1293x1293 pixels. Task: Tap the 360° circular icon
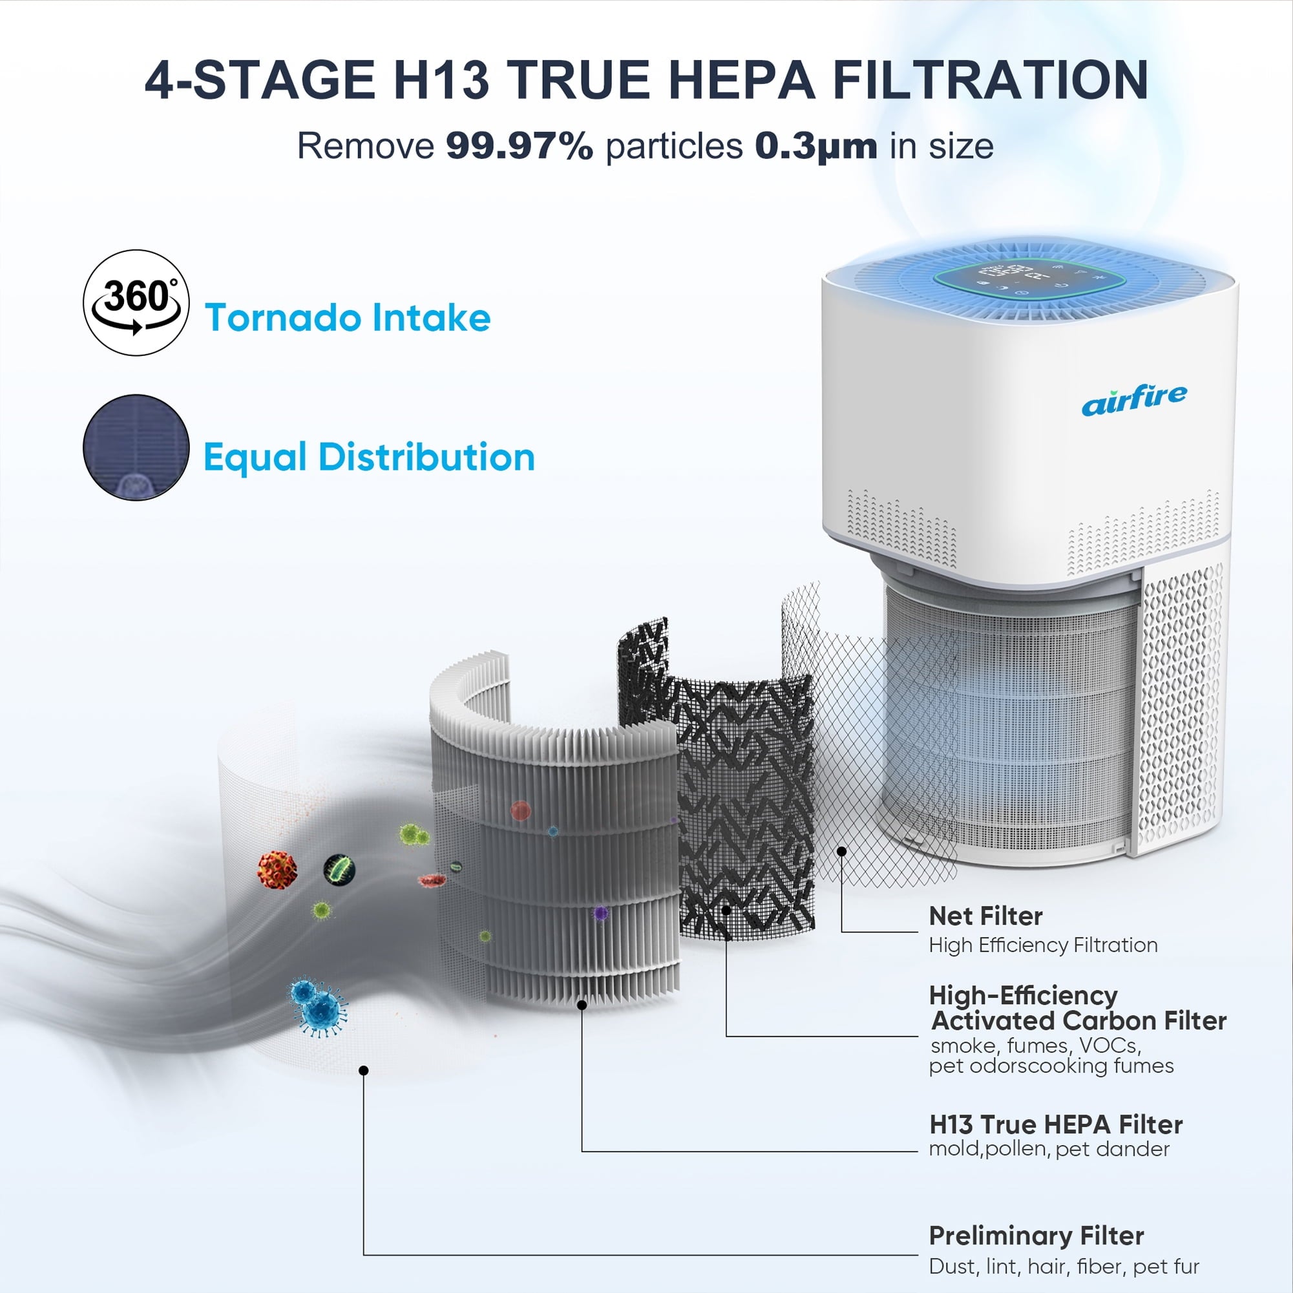(x=136, y=302)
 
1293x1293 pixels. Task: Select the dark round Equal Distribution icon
(x=136, y=447)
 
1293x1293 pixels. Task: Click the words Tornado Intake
(x=348, y=317)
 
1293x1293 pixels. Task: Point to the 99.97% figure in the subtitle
(x=520, y=145)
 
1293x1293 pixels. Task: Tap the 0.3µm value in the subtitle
(x=816, y=147)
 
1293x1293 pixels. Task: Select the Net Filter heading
(x=985, y=916)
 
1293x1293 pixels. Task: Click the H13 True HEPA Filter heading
(x=1055, y=1124)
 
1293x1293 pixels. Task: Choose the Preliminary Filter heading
(x=1036, y=1235)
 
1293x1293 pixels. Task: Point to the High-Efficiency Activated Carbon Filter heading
(x=1078, y=1008)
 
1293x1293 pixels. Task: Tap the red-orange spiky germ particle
(x=277, y=869)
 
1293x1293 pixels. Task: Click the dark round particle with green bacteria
(x=339, y=869)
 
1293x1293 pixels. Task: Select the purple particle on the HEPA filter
(x=600, y=912)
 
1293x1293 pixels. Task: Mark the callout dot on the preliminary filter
(x=363, y=1070)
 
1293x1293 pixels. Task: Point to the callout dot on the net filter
(x=841, y=850)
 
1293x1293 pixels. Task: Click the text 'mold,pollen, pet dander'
(x=1049, y=1150)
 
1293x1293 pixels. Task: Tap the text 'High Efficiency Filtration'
(x=1044, y=945)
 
